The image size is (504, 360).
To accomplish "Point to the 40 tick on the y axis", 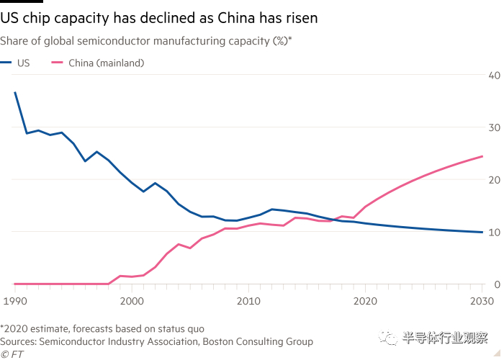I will coord(495,75).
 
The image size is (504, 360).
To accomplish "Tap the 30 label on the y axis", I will coord(495,127).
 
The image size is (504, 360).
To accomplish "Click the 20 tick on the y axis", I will coord(495,179).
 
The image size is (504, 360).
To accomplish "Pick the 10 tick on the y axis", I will coord(495,232).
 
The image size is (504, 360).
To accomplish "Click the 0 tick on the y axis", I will coord(497,284).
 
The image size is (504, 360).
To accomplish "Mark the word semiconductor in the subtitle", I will coord(114,41).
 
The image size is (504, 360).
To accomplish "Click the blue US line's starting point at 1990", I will coord(15,92).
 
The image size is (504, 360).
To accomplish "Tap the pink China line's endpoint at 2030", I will coord(482,156).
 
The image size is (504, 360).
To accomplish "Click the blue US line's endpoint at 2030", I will coord(482,232).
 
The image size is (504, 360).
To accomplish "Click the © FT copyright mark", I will coord(12,354).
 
